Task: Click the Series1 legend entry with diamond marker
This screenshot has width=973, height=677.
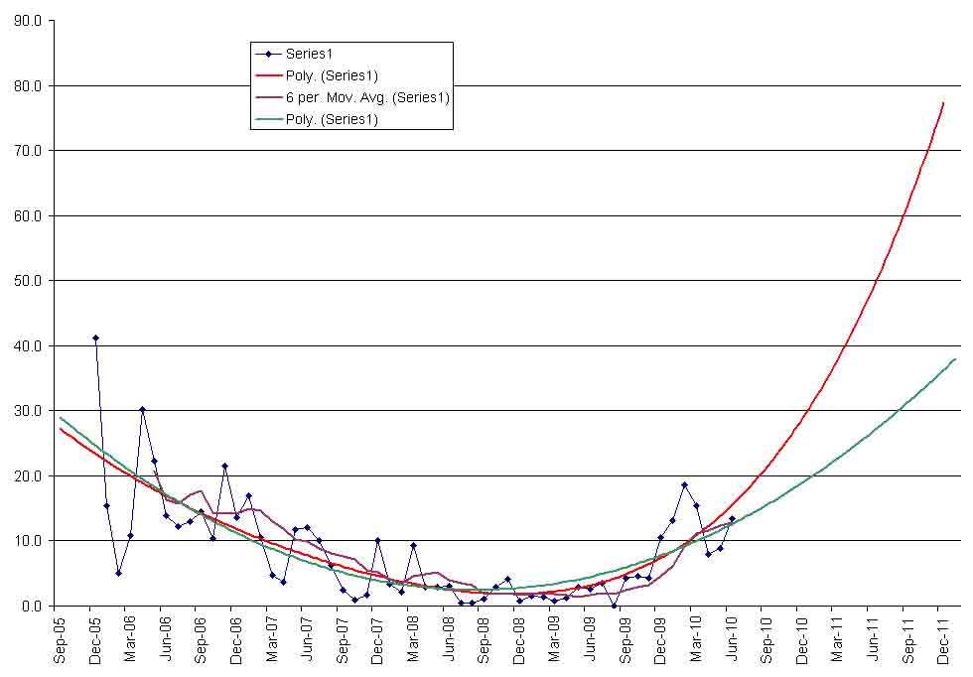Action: (x=315, y=54)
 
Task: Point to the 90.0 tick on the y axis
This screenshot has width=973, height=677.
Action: (x=27, y=21)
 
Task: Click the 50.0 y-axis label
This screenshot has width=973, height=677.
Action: (x=27, y=281)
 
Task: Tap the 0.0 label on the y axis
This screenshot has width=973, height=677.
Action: (x=30, y=606)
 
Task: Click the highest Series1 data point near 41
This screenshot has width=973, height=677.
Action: (x=95, y=338)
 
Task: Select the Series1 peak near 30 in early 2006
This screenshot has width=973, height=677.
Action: (x=142, y=409)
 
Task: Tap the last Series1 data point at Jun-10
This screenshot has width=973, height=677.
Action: (x=732, y=518)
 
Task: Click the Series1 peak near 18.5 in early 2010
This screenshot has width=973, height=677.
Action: (x=684, y=484)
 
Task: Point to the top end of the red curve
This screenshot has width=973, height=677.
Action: (x=943, y=102)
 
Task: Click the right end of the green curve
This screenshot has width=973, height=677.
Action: (x=955, y=358)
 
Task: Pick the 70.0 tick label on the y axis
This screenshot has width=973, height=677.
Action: (x=27, y=151)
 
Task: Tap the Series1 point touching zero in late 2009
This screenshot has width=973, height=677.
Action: (x=614, y=606)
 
